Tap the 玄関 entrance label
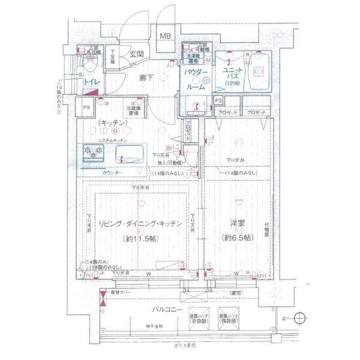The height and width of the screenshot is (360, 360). coord(136,55)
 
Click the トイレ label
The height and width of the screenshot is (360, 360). coord(92,79)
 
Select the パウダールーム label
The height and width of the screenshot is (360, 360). coord(196,79)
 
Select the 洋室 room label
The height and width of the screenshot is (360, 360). coord(238,224)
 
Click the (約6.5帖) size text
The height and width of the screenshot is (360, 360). coord(238,237)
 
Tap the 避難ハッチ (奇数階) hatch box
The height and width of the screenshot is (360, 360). coord(198,319)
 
